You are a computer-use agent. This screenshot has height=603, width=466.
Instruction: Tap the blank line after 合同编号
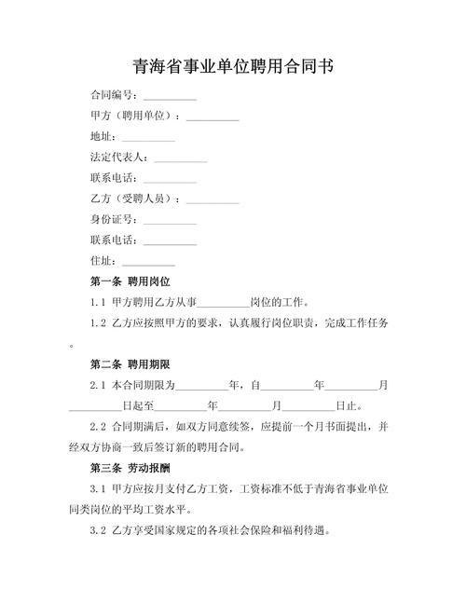[170, 96]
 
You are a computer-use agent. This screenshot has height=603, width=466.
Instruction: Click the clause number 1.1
[99, 302]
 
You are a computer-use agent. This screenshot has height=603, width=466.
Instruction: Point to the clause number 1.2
[99, 323]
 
